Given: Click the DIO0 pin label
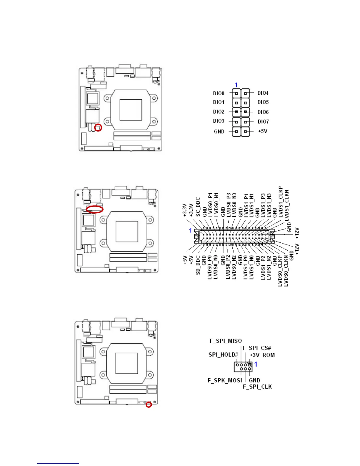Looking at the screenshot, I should tap(219, 93).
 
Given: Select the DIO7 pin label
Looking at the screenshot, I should tap(263, 122).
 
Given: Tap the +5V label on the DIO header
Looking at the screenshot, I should tap(263, 131).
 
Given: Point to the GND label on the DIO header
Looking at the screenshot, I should tap(219, 132).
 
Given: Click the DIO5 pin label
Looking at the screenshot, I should tap(263, 102).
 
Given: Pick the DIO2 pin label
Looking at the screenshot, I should tap(219, 112).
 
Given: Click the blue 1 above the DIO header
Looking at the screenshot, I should tap(236, 85).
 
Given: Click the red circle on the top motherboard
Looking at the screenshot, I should tap(98, 128).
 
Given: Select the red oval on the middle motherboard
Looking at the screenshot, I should tap(95, 209).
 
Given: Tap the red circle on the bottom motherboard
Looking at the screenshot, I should tap(149, 405).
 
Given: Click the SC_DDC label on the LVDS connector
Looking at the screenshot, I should tap(198, 207).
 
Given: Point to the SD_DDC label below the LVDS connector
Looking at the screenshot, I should tap(198, 265).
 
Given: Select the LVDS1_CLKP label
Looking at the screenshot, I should tap(281, 202).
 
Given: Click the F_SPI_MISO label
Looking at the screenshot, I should tap(226, 341).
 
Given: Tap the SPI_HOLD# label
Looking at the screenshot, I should tap(223, 355).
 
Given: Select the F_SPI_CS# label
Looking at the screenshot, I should tap(256, 348).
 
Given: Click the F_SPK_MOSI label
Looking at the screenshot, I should tap(225, 380).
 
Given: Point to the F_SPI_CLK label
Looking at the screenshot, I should tap(257, 387).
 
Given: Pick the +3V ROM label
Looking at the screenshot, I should tap(262, 355).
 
